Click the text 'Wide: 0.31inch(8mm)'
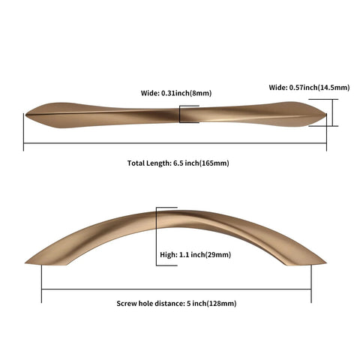176,93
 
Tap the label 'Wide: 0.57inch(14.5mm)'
309,88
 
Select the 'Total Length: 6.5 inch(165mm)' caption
178,163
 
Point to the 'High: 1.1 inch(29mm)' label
196,255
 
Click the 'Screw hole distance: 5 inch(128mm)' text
176,304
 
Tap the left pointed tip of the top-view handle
25,115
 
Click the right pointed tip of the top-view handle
325,115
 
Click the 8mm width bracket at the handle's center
180,114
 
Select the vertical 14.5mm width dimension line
332,112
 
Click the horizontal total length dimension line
175,143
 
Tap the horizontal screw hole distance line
176,289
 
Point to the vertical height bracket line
157,236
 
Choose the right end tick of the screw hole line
311,283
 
